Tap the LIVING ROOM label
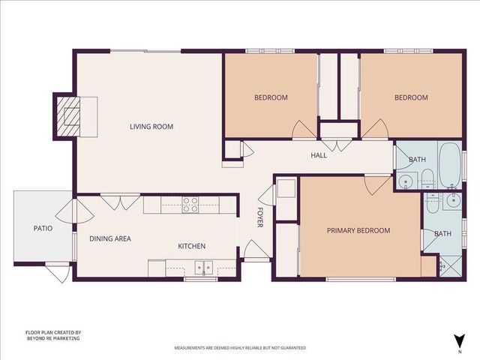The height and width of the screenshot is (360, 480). tap(151, 127)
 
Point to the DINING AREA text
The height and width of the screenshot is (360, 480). tap(110, 238)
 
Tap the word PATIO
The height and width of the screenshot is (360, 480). tap(42, 228)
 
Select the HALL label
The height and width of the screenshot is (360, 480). tap(319, 156)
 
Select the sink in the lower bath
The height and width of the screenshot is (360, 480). tap(452, 200)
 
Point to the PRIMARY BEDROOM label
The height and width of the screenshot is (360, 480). tap(358, 231)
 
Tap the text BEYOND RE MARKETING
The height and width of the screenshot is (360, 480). tap(53, 338)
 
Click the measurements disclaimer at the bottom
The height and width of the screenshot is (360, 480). tap(240, 349)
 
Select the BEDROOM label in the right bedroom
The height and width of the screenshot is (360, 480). tap(411, 97)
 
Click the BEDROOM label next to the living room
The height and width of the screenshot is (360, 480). tap(271, 97)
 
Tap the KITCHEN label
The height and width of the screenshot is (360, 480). tap(191, 246)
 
